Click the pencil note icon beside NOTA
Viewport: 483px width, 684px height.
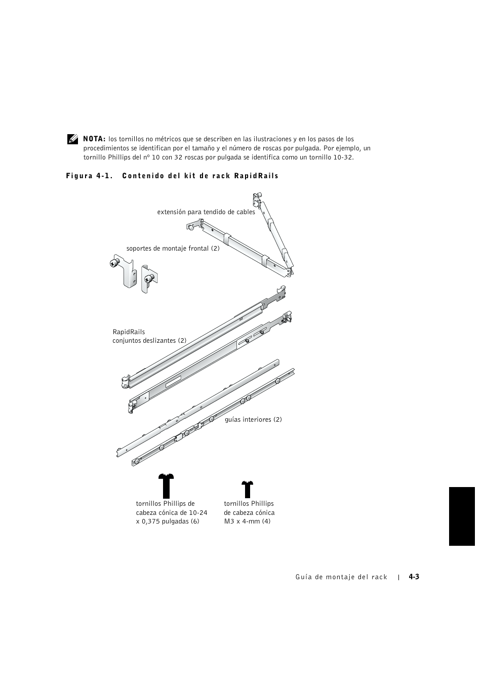72,139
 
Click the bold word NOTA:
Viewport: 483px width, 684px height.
94,139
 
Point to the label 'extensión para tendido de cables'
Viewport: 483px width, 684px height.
206,212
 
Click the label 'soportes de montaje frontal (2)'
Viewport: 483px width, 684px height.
173,249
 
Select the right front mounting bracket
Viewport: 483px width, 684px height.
149,278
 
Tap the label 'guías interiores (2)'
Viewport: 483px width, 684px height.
253,420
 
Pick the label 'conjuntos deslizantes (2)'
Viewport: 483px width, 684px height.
149,341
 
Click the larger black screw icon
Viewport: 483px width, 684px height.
166,486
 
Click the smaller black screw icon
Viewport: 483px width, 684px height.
247,490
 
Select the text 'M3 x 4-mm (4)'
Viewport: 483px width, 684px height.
247,521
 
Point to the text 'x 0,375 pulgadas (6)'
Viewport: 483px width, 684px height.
168,521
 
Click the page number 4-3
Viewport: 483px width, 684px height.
414,577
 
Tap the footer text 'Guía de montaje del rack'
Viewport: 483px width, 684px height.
341,577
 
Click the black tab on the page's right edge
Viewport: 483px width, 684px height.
461,516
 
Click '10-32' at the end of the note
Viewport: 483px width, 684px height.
344,157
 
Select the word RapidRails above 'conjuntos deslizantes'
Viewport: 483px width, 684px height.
129,332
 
